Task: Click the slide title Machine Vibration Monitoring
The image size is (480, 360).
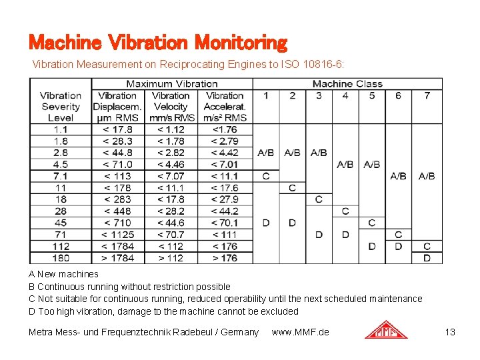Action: pyautogui.click(x=157, y=43)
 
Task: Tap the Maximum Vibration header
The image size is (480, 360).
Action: pyautogui.click(x=172, y=84)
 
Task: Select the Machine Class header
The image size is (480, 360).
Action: pyautogui.click(x=347, y=84)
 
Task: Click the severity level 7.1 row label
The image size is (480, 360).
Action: pyautogui.click(x=60, y=176)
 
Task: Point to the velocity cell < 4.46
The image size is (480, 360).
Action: pyautogui.click(x=171, y=165)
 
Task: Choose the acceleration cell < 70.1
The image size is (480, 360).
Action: pyautogui.click(x=225, y=223)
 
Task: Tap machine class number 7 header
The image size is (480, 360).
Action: pyautogui.click(x=427, y=95)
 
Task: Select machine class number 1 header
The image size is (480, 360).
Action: pyautogui.click(x=265, y=95)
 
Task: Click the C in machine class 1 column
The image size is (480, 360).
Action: pyautogui.click(x=265, y=176)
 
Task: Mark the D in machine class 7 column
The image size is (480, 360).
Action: pyautogui.click(x=427, y=258)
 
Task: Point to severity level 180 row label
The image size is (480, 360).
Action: pyautogui.click(x=60, y=258)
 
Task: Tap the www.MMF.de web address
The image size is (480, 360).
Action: pyautogui.click(x=300, y=332)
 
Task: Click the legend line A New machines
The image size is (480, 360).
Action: pyautogui.click(x=63, y=274)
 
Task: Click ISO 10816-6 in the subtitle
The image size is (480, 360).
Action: pyautogui.click(x=313, y=65)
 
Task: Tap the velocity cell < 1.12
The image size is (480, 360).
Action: pyautogui.click(x=171, y=129)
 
